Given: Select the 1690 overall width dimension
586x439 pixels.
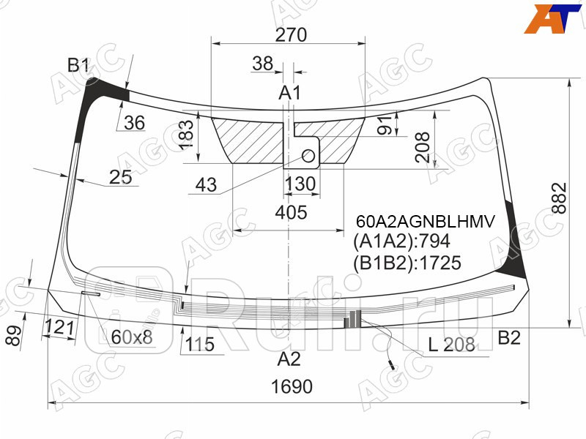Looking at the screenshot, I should click(292, 386).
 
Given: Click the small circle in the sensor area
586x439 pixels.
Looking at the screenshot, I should click(308, 155).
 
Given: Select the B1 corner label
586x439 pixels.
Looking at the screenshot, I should click(78, 67).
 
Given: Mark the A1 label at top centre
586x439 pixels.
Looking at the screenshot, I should click(290, 93).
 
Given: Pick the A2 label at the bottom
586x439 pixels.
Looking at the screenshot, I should click(289, 359).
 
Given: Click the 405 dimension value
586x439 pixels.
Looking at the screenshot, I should click(291, 213).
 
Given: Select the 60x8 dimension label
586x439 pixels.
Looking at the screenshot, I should click(132, 337).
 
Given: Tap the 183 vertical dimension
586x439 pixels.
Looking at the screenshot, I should click(187, 135).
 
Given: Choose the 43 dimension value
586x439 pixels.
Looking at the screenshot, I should click(207, 186).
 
